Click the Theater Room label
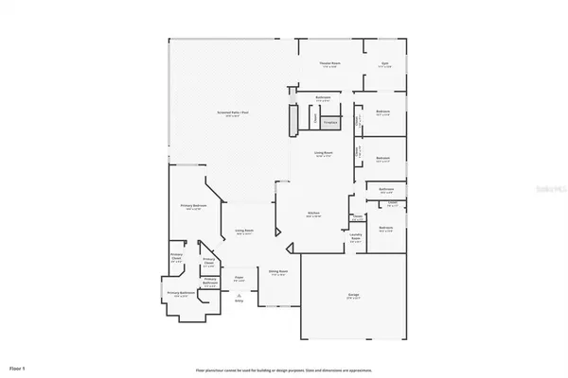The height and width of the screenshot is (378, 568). [x=329, y=63]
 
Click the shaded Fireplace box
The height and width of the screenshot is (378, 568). [x=330, y=122]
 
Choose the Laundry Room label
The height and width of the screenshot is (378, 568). [x=356, y=236]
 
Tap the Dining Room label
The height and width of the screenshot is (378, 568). [x=276, y=271]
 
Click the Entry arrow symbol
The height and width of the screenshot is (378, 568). [x=240, y=293]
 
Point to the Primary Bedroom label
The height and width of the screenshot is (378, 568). [x=195, y=208]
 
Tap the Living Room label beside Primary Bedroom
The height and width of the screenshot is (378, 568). [x=244, y=232]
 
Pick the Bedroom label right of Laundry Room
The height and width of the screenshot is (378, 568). [x=386, y=229]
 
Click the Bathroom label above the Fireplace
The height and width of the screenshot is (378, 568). [x=323, y=97]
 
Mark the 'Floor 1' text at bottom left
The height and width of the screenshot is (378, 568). [x=18, y=365]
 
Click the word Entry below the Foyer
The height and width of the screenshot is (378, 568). [x=240, y=301]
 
